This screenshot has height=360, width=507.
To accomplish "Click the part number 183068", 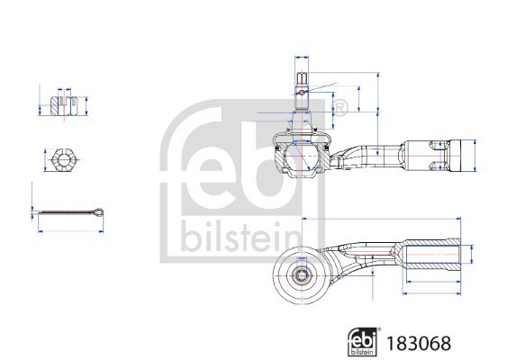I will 416,343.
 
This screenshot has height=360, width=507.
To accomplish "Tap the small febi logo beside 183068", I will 363,342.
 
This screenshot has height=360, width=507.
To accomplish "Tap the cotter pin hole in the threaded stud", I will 304,88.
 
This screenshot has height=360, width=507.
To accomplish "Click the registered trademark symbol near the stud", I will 341,108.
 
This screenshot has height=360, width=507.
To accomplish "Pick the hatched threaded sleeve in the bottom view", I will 433,256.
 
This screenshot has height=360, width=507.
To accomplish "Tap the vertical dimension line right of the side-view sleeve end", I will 474,156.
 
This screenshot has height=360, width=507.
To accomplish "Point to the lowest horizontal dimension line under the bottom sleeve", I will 433,292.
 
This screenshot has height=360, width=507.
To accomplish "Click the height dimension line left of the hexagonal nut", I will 41,161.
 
